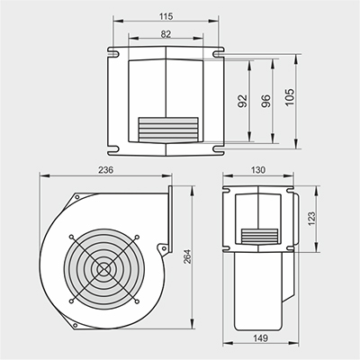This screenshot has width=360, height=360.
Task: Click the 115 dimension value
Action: pos(166,16)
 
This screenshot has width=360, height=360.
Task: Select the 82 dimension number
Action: pos(166,34)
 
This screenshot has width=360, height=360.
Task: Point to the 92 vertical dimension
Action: pos(242,101)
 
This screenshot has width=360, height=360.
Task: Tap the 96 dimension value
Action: pos(265,101)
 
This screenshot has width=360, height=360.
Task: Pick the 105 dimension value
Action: pos(290,97)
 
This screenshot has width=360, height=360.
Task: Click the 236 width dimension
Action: pos(106,170)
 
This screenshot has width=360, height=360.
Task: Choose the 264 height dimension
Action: pos(187,256)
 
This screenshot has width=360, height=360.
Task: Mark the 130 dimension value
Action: pos(258,170)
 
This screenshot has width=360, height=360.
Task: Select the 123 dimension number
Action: pos(311,219)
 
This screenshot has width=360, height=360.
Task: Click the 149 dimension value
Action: pos(260,338)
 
